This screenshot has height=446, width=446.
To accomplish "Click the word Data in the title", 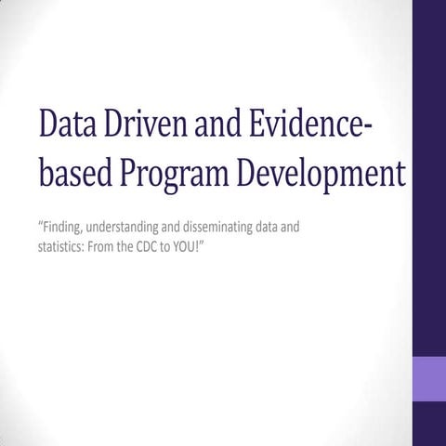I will pos(65,125).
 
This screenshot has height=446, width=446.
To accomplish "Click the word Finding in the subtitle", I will pos(64,226).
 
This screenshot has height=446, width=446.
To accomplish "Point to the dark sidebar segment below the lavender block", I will pos(428,425).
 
